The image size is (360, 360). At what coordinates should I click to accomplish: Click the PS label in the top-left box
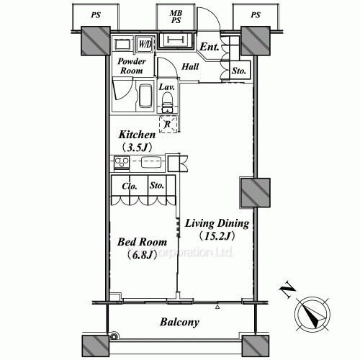pos(96,14)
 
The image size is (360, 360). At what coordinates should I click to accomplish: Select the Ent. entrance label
pos(210,48)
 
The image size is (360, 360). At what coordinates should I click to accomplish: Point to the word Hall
pos(191,67)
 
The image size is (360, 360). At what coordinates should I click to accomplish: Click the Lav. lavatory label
pos(166,87)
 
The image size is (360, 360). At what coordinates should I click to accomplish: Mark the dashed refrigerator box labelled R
pos(167,123)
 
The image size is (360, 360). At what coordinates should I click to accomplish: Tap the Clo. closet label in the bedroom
pos(130,185)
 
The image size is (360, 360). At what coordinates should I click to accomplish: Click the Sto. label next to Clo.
pos(158,185)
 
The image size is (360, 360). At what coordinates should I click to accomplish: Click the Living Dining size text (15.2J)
pos(218,235)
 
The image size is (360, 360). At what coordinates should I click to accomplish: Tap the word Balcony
pos(179,323)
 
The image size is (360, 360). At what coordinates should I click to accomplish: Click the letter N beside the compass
pos(287,292)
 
